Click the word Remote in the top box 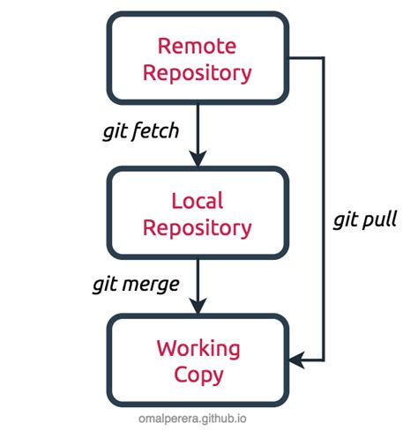[198, 45]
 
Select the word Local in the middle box [198, 201]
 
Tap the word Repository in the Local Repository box [198, 227]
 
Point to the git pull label [365, 219]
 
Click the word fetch [157, 133]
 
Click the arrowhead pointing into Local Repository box [198, 159]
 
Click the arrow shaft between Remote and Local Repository [198, 128]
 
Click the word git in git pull [346, 220]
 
